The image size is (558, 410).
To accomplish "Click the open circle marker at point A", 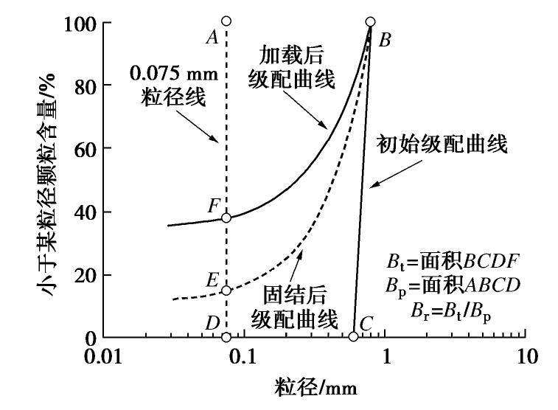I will pos(226,21).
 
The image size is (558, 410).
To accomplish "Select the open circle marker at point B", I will pos(370,21).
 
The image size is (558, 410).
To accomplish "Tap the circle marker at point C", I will pos(353,336).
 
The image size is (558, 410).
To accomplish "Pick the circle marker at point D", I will pos(226,337).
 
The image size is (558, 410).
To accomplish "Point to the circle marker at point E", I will pos(226,290).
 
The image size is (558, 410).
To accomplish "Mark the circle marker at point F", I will pos(226,218).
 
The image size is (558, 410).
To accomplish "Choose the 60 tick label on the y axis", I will pos(84,149).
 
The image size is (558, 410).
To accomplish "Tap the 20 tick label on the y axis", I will pos(84,275).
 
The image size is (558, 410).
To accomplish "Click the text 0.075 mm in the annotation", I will pos(172,74).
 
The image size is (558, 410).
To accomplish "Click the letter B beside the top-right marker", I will pos(384,41).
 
